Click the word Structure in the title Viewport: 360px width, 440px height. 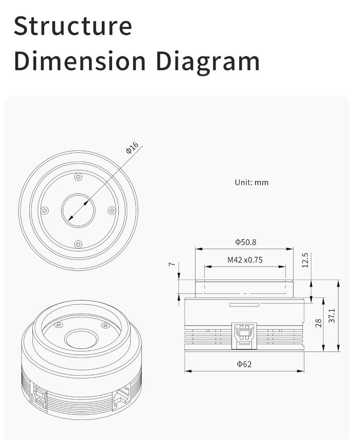click(73, 26)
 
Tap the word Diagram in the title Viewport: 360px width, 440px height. click(208, 61)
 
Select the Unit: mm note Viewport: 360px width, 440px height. click(251, 182)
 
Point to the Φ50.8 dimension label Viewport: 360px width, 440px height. click(245, 242)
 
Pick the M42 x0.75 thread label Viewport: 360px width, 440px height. click(245, 260)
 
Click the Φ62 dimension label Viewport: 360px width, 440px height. click(244, 364)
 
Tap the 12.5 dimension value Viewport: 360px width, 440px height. click(305, 260)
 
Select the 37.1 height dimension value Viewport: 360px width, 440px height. click(332, 315)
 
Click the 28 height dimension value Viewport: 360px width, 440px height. click(318, 323)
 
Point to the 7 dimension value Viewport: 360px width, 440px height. click(172, 265)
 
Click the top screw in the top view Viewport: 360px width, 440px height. click(78, 177)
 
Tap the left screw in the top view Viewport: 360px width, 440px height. click(45, 210)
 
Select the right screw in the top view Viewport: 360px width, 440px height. click(112, 210)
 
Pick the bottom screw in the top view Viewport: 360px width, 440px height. click(78, 244)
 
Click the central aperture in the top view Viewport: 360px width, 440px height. click(78, 210)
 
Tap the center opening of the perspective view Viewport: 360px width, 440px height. click(81, 339)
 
